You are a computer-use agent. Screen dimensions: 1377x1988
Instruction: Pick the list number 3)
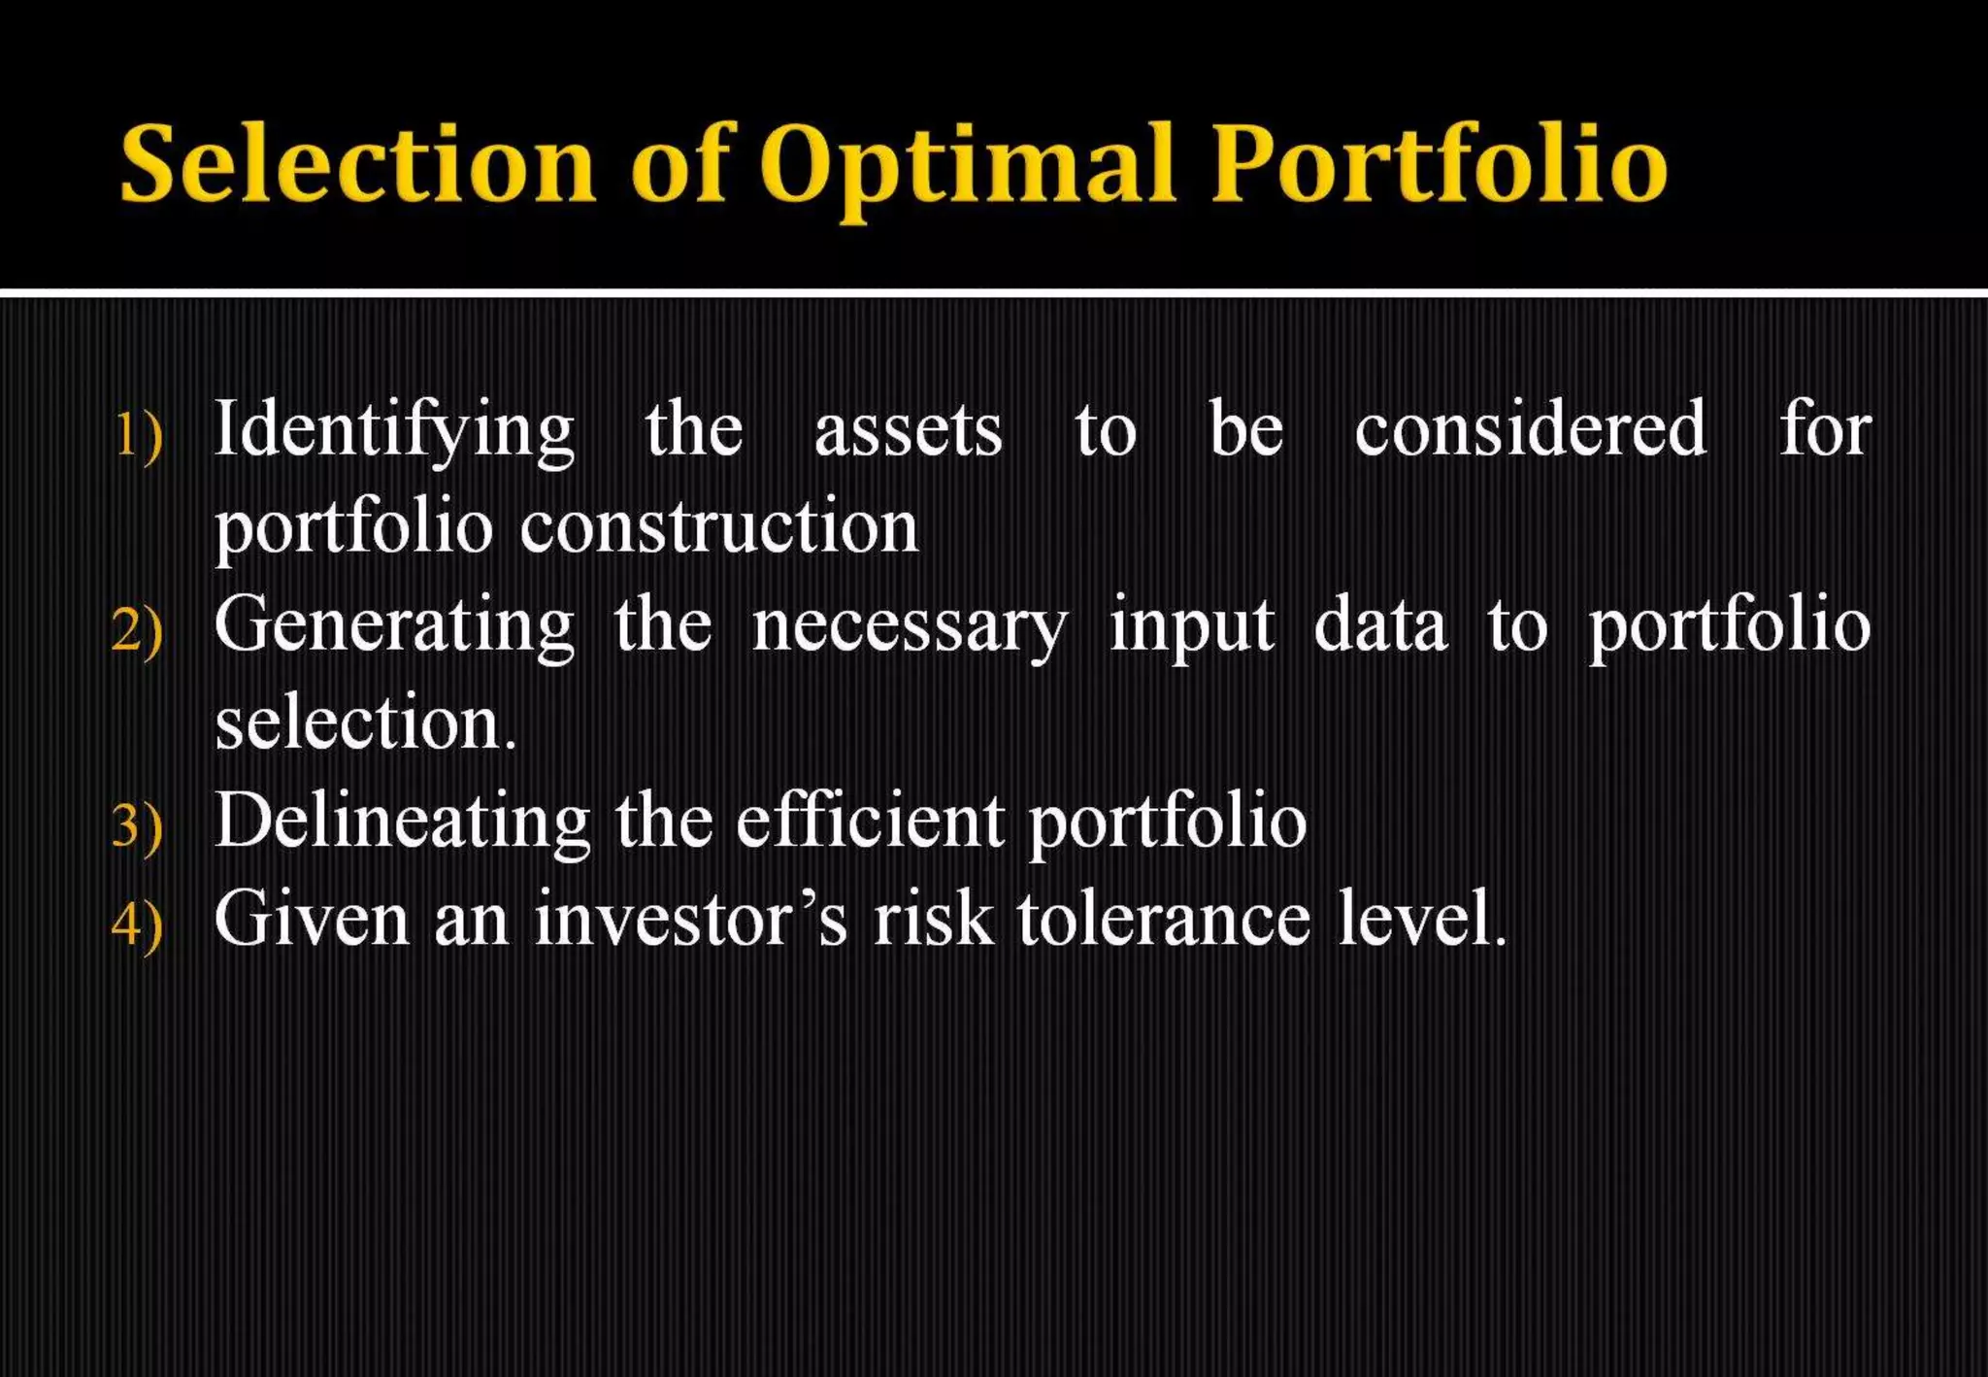pos(137,826)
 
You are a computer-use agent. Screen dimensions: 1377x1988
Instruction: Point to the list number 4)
pos(137,924)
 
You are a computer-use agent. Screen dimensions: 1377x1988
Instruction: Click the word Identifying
pos(394,429)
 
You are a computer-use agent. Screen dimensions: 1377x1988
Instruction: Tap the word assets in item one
pos(908,429)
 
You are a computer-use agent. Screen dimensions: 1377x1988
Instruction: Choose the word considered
pos(1531,429)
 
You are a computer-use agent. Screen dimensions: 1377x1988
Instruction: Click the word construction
pos(719,527)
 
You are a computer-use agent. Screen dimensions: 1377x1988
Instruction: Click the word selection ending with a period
pos(365,723)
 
